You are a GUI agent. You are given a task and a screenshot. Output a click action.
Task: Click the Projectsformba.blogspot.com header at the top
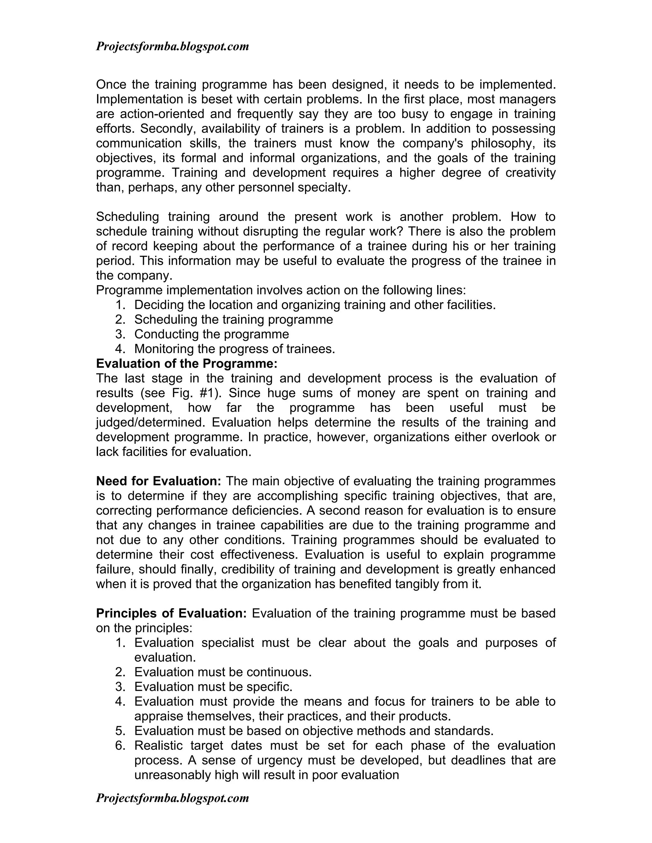pyautogui.click(x=172, y=47)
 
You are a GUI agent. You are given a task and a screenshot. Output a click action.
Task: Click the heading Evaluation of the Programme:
pyautogui.click(x=187, y=364)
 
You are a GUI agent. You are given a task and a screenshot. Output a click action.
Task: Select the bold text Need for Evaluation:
pyautogui.click(x=158, y=481)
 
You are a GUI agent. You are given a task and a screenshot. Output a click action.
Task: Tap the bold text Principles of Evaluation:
pyautogui.click(x=171, y=613)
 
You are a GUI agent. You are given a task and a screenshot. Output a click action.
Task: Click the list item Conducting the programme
pyautogui.click(x=211, y=334)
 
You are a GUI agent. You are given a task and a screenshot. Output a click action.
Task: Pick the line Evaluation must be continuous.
pyautogui.click(x=223, y=672)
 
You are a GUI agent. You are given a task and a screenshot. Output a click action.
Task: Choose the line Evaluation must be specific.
pyautogui.click(x=213, y=687)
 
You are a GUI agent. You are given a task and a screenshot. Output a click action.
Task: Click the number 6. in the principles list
pyautogui.click(x=121, y=745)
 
